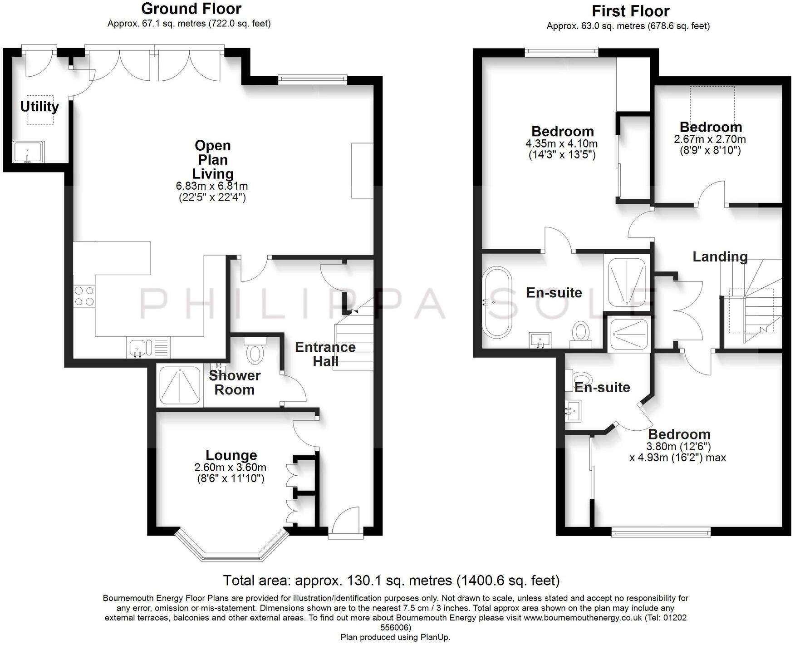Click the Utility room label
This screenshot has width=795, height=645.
pos(39,107)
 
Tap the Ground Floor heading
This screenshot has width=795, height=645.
pos(191,9)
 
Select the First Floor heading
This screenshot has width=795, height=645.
pos(630,11)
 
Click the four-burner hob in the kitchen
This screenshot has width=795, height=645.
pos(84,296)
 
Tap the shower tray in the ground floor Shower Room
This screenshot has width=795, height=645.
pos(179,386)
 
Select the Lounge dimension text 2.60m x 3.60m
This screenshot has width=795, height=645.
pos(230,468)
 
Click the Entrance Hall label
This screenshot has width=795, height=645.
pos(325,354)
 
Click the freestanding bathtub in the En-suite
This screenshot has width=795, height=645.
pos(497,302)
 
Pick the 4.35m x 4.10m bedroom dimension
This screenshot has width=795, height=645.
pos(561,144)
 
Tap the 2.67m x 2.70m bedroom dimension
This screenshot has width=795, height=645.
pos(710,139)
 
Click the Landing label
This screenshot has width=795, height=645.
pos(720,256)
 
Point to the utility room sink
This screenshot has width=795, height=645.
pos(28,152)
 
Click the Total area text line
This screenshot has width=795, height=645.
pos(391,580)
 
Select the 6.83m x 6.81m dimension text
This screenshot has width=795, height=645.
pos(212,186)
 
